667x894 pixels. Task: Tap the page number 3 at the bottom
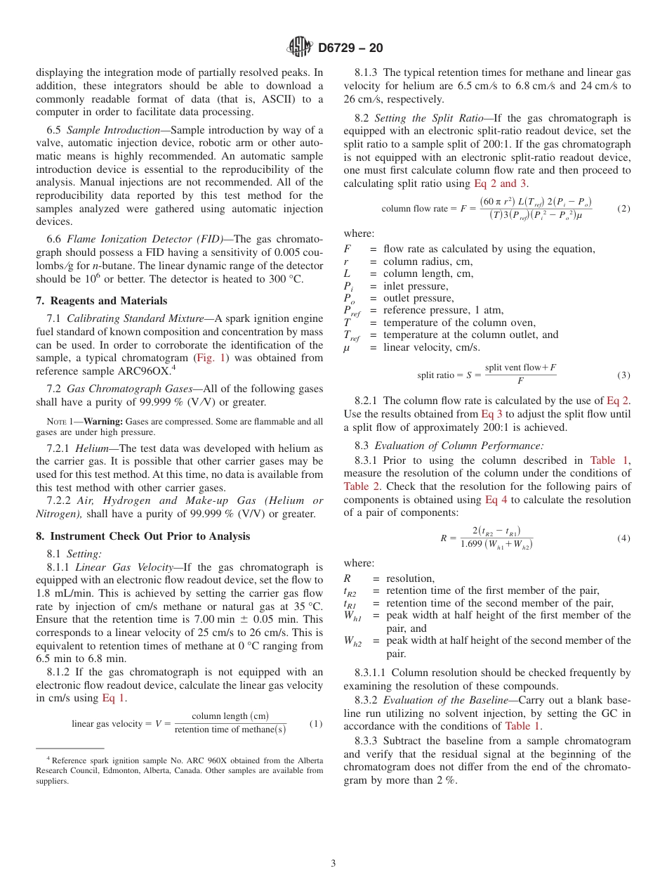point(333,863)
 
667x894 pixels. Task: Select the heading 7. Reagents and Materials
point(101,301)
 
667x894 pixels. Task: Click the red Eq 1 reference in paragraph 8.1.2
point(114,698)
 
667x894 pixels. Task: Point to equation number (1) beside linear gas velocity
point(316,723)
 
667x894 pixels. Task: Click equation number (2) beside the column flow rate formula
point(623,209)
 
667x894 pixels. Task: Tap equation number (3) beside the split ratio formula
point(623,375)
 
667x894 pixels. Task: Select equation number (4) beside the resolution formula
point(623,538)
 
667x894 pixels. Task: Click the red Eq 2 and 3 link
point(501,183)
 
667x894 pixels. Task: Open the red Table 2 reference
point(362,486)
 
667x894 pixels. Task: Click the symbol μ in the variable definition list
point(347,348)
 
